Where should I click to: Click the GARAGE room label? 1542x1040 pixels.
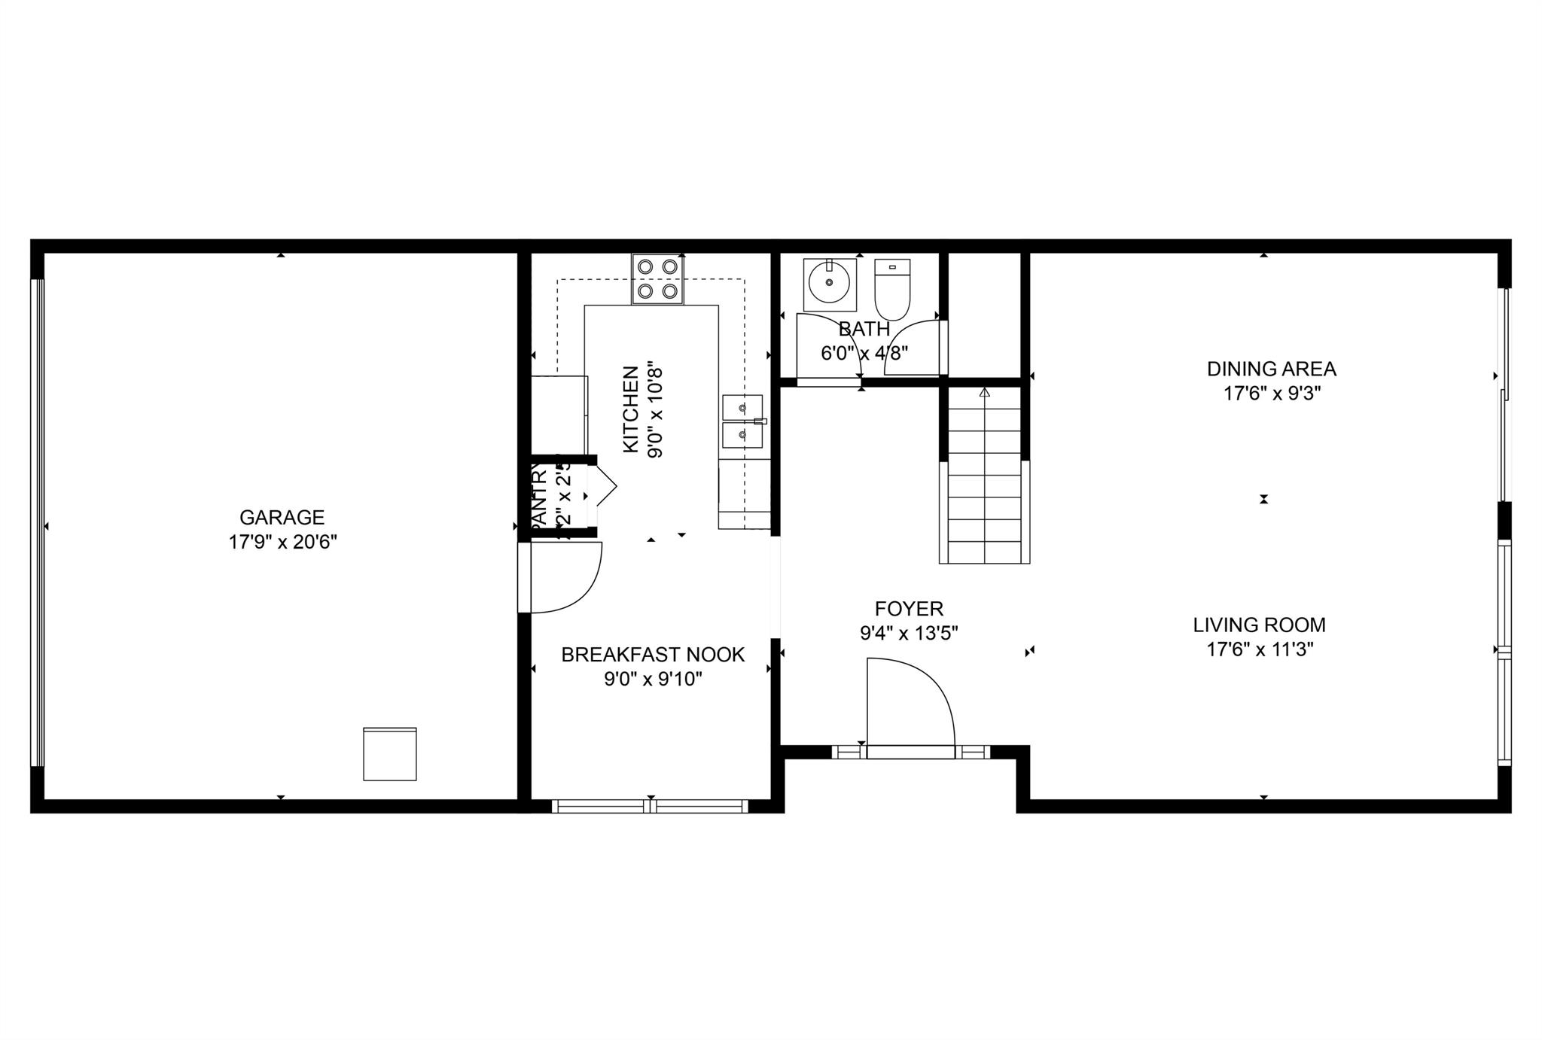[x=282, y=517]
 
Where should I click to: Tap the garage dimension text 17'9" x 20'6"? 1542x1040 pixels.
[x=282, y=542]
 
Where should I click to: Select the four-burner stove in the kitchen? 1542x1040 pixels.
[x=657, y=278]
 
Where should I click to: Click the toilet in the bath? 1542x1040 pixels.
[x=892, y=289]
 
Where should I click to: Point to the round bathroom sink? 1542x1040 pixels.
[x=829, y=283]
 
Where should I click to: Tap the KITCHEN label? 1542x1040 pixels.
[x=631, y=409]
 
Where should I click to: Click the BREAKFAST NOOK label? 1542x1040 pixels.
[x=653, y=655]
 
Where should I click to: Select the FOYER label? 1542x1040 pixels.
[x=909, y=608]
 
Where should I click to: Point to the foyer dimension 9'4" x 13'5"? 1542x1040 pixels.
[x=909, y=633]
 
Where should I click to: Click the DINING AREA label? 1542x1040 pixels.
[x=1271, y=369]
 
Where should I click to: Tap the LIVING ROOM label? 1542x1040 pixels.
[x=1259, y=625]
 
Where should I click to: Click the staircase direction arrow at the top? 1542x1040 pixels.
[x=984, y=392]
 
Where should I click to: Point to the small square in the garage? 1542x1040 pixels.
[x=389, y=753]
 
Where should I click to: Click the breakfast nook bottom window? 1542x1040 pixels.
[x=650, y=807]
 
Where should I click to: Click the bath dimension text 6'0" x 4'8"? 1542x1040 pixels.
[x=864, y=353]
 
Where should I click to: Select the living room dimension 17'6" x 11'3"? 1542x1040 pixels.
[x=1260, y=649]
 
